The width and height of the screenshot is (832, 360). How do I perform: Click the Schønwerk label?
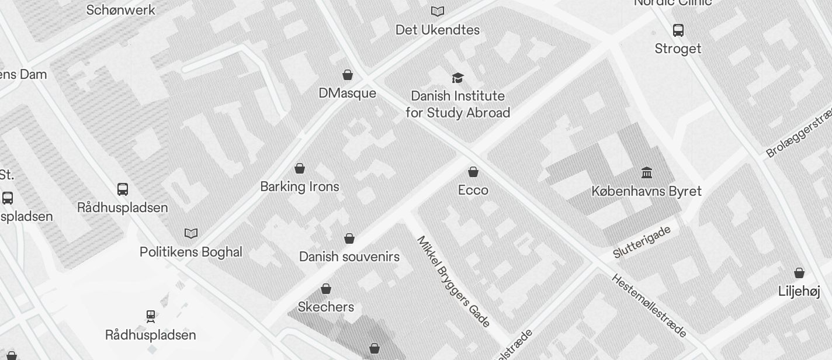coord(121,10)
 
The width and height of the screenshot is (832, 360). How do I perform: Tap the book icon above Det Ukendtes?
coord(438,11)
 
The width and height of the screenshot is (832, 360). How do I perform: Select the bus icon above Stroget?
coord(678,30)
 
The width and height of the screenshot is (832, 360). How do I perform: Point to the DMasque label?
coord(347,94)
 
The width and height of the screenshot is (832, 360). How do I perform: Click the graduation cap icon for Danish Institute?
coord(457,77)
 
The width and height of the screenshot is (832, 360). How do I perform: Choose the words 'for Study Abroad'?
coord(457,113)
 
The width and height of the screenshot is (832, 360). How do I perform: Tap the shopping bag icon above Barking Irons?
coord(300,168)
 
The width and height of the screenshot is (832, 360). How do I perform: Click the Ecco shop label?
coord(473,191)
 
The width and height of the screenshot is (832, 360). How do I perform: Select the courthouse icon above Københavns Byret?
coord(647,172)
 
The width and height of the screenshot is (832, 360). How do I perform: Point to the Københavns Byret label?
coord(646,191)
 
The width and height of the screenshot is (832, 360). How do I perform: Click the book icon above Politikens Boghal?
coord(191,233)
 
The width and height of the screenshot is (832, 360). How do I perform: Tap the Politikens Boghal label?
coord(190,252)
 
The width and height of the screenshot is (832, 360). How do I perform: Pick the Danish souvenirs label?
coord(349,257)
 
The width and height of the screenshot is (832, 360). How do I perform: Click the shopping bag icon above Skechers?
coord(326,289)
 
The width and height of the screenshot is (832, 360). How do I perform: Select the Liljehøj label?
coord(799,292)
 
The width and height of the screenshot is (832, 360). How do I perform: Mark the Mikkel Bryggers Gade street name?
coord(453,281)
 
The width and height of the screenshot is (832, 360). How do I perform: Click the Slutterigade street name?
coord(642,242)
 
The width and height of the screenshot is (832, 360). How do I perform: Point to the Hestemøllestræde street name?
coord(649,305)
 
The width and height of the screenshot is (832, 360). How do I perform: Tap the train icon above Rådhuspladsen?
coord(151,316)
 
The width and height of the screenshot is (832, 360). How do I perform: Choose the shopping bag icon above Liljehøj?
coord(799,273)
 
